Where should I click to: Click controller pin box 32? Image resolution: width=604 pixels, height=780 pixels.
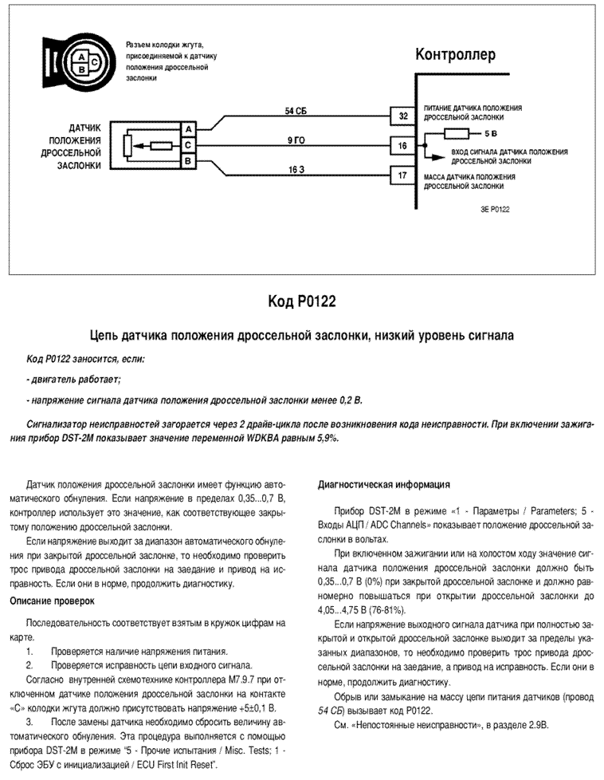coord(402,116)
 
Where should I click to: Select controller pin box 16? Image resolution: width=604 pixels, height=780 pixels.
coord(402,146)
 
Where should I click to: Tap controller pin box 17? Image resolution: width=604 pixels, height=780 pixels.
coord(402,175)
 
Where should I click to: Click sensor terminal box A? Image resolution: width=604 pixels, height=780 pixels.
coord(188,129)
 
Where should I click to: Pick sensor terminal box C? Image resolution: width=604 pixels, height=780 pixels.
coord(188,145)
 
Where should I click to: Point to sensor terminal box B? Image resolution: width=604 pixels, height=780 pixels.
coord(188,161)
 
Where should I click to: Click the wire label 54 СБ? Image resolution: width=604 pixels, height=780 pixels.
coord(296,111)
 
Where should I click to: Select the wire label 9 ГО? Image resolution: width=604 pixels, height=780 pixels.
coord(296,141)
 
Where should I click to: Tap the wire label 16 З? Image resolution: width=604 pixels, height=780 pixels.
coord(296,170)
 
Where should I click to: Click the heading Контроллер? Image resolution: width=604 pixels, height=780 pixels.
coord(455,54)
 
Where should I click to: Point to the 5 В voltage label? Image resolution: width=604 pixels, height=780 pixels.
coord(491,134)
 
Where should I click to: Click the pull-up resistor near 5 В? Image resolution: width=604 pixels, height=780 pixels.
coord(457,134)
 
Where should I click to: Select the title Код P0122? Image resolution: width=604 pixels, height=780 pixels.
coord(302,301)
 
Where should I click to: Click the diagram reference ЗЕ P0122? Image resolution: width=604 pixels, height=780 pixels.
coord(495,210)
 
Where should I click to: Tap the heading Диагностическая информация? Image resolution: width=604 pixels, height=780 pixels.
coord(384,485)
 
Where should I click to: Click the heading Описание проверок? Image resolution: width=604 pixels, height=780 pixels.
coord(53,601)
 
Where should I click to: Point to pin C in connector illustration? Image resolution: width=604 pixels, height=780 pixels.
coord(95,61)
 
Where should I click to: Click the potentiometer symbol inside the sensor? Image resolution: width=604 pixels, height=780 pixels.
coord(127,146)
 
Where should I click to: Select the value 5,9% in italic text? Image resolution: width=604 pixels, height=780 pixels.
coord(327,439)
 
